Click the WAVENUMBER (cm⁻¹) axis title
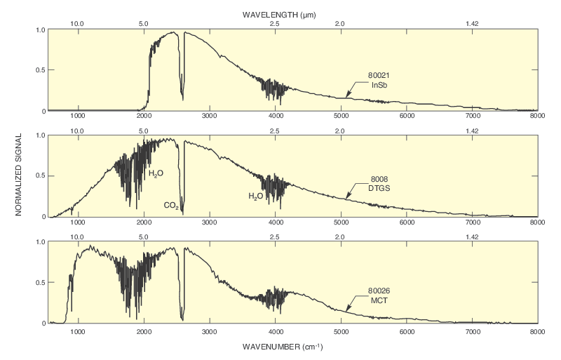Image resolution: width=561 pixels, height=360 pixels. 283,347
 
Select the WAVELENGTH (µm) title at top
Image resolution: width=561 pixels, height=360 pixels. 280,14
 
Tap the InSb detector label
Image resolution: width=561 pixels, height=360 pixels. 379,85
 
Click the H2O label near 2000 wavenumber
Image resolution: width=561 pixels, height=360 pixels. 156,173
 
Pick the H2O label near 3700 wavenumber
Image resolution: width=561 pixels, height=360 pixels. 256,197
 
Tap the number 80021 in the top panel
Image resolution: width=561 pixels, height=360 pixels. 379,76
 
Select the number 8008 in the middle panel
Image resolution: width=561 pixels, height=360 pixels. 379,179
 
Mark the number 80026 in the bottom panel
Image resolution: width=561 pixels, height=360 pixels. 379,290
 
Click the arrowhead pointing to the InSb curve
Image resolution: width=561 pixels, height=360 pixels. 348,95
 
